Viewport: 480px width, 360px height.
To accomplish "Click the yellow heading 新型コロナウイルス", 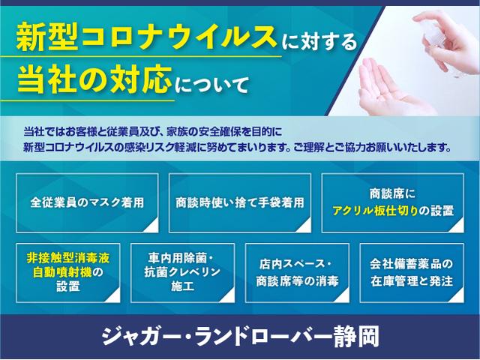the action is tap(145, 37).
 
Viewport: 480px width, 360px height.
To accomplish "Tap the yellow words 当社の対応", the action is tap(94, 79).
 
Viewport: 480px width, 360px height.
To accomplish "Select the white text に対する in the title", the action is tap(319, 42).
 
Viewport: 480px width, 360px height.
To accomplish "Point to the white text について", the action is tap(211, 85).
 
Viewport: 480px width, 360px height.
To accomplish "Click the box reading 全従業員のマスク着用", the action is tap(87, 203).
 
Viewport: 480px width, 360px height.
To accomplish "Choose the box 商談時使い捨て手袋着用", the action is tap(240, 203).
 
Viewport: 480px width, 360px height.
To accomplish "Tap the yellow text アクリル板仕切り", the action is tap(375, 211).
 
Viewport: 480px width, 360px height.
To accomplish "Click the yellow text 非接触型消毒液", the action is tap(68, 258).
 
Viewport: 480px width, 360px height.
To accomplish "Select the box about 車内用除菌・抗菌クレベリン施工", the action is tap(183, 273).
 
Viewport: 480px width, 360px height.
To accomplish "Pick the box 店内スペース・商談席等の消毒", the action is tap(297, 273).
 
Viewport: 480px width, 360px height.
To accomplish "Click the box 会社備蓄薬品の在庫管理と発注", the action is tap(412, 273).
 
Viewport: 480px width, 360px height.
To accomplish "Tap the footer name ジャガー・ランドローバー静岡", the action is tap(240, 336).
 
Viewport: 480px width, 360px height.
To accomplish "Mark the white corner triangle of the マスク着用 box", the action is tap(152, 226).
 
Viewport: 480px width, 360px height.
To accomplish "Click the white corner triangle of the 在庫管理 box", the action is tap(457, 295).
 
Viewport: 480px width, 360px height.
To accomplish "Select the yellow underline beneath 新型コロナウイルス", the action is tap(141, 57).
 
